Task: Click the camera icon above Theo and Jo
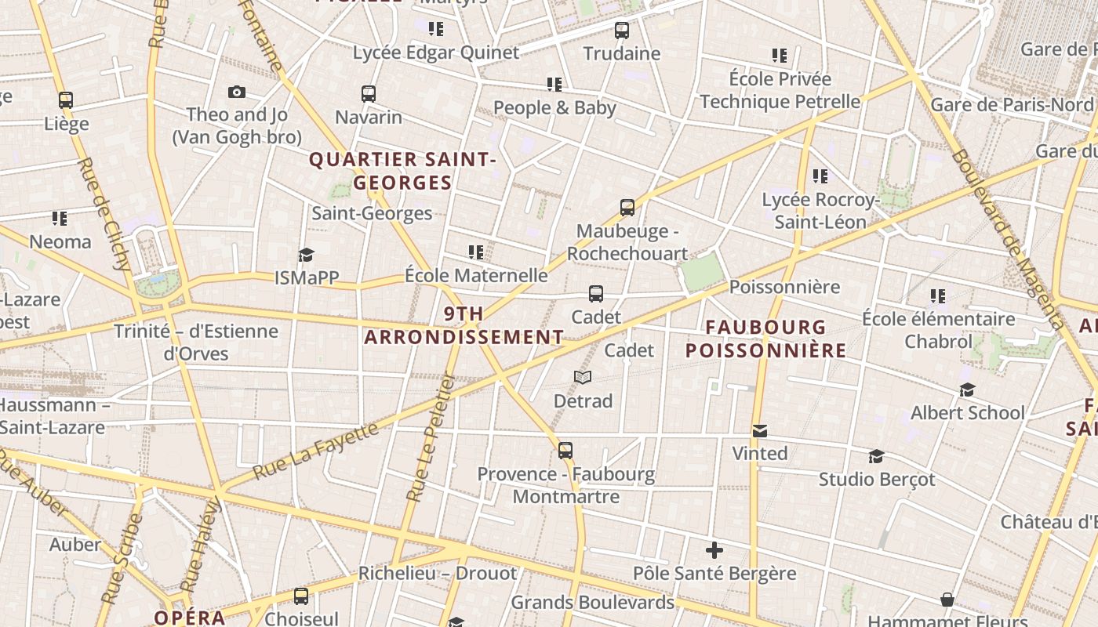coord(237,92)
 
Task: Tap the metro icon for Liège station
coord(66,100)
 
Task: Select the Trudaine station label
coord(622,53)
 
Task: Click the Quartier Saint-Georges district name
coord(402,171)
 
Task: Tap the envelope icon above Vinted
coord(759,431)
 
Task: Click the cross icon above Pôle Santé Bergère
coord(714,550)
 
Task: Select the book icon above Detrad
coord(582,378)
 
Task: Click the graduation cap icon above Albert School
coord(967,390)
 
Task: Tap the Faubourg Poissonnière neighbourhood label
coord(765,339)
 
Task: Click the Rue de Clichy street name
coord(104,215)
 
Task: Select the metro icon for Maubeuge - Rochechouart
coord(627,208)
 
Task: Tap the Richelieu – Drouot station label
coord(438,573)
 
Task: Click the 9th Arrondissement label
coord(464,326)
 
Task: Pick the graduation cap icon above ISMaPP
coord(306,256)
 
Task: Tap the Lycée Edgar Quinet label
coord(436,53)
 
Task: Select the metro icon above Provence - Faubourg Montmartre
coord(565,451)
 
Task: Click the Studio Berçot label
coord(877,479)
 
